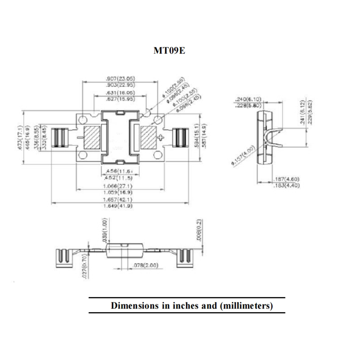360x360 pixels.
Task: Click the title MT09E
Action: point(169,51)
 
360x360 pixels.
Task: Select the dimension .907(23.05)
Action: point(120,78)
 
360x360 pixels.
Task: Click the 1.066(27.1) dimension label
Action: point(118,186)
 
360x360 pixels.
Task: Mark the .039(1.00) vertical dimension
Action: point(104,229)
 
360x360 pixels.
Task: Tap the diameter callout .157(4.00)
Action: point(243,156)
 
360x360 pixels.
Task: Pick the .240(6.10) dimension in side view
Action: point(248,99)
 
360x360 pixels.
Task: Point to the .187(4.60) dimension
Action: point(286,179)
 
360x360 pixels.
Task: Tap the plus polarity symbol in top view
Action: point(161,137)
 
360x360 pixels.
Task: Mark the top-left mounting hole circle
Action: point(83,119)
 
